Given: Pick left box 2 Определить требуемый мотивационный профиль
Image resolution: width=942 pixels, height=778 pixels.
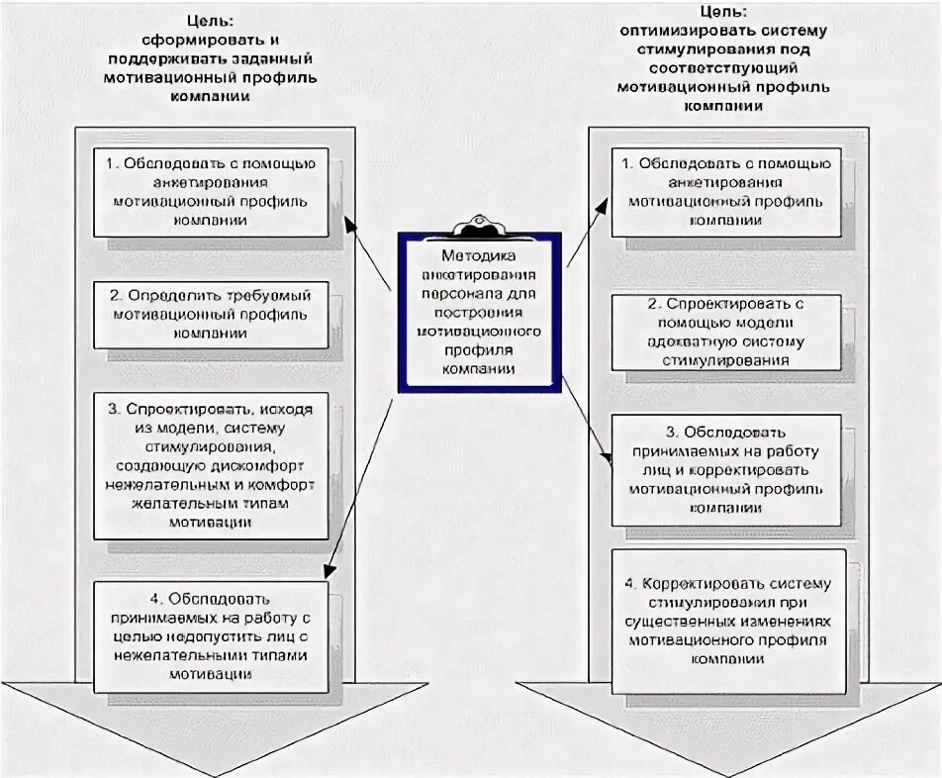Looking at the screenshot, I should click(x=211, y=315).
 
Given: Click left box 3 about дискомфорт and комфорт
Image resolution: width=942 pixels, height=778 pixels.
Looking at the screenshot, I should click(x=211, y=465).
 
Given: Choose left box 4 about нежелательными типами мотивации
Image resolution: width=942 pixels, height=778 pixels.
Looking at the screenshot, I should click(x=211, y=636).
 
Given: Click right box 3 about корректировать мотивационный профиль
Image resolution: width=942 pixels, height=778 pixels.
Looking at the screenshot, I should click(x=726, y=470).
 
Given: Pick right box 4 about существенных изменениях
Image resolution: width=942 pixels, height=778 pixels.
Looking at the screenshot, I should click(x=728, y=622).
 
